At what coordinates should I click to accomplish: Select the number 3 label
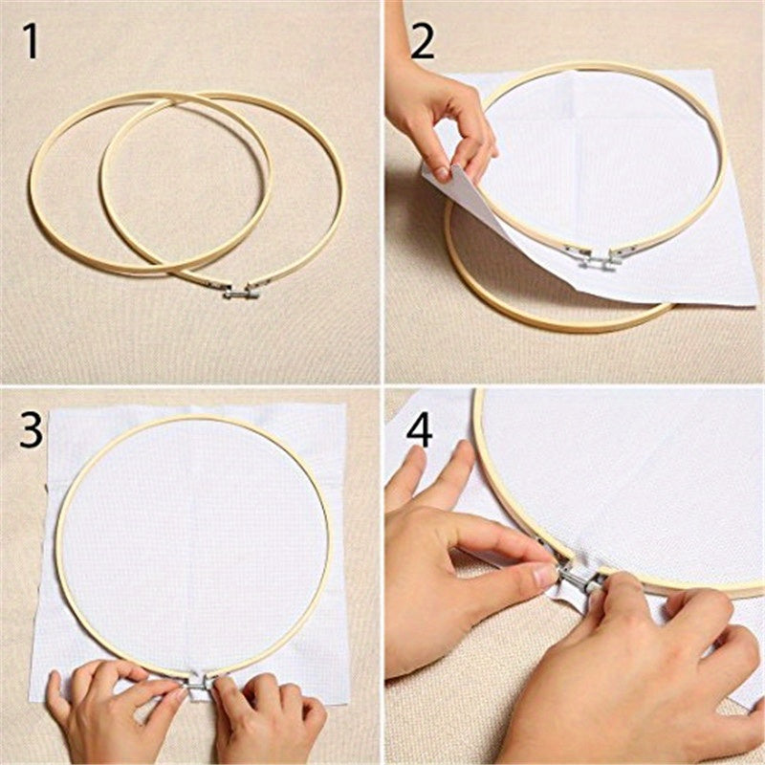pyautogui.click(x=32, y=431)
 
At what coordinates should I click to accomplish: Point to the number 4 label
pyautogui.click(x=419, y=431)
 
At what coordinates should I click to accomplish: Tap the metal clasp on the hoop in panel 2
pyautogui.click(x=594, y=256)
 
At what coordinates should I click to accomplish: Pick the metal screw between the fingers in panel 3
pyautogui.click(x=199, y=685)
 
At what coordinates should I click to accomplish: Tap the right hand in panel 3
pyautogui.click(x=268, y=712)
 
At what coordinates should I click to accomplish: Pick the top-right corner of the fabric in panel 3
pyautogui.click(x=346, y=405)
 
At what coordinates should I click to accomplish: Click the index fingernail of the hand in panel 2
pyautogui.click(x=442, y=173)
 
